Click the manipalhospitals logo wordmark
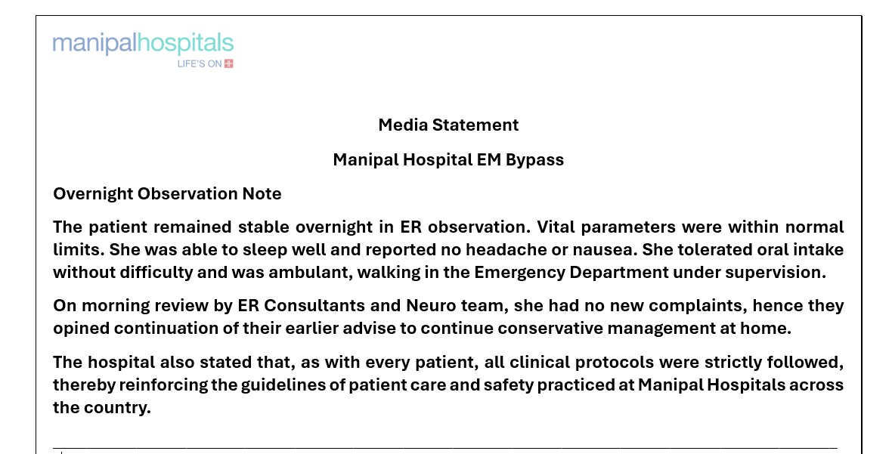pos(143,43)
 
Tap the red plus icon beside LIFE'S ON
pos(228,63)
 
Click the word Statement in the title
pos(476,125)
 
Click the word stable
pos(265,227)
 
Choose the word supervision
pos(781,273)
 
